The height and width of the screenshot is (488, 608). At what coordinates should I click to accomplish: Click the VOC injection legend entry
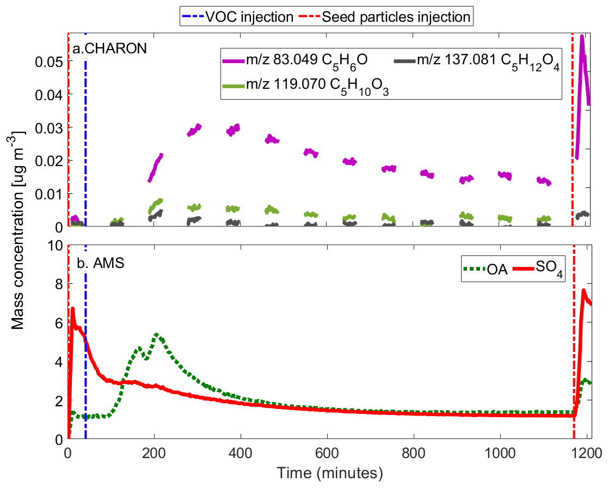click(x=237, y=17)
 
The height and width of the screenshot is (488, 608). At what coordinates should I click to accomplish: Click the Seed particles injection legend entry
click(x=384, y=17)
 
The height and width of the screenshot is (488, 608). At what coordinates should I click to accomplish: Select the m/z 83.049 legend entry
click(x=295, y=61)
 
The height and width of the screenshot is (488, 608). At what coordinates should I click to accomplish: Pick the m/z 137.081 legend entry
click(x=477, y=61)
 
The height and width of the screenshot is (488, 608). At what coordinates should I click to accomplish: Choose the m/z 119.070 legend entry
click(x=305, y=86)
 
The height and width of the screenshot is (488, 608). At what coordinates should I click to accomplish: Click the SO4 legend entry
click(x=538, y=269)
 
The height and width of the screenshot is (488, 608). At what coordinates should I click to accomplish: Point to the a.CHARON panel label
click(x=110, y=48)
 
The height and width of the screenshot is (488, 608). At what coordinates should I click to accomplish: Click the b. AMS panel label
click(x=101, y=263)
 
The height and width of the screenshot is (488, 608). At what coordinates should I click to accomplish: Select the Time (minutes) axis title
click(x=330, y=473)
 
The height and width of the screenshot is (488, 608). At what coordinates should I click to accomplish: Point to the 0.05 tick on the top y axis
click(x=49, y=62)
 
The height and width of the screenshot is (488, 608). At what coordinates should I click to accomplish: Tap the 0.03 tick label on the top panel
click(x=49, y=127)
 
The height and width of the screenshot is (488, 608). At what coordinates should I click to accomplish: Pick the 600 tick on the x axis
click(x=327, y=453)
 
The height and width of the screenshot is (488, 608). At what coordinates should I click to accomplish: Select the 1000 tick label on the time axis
click(x=500, y=453)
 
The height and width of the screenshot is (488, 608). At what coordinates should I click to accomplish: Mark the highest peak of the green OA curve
click(x=157, y=334)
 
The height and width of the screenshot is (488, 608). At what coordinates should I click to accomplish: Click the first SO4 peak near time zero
click(x=72, y=308)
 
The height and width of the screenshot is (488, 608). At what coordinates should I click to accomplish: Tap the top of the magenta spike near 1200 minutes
click(x=582, y=36)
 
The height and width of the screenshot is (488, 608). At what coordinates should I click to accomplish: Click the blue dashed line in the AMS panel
click(x=85, y=341)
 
